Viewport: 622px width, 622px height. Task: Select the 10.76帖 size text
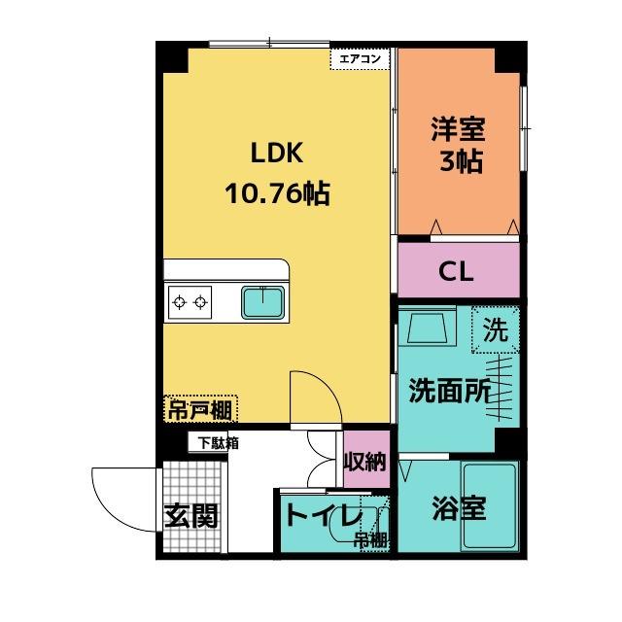coord(278,193)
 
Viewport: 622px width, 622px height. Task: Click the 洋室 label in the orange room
coord(458,127)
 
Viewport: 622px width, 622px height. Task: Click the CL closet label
coord(457,271)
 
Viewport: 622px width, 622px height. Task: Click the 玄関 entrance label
coord(190,515)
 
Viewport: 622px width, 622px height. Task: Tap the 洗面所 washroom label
coord(447,390)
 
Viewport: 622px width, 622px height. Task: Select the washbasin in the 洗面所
coord(428,330)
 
